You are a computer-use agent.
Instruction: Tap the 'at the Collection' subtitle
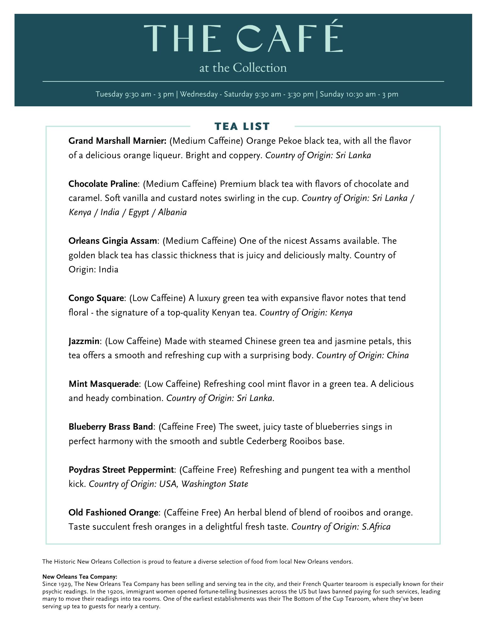coord(243,68)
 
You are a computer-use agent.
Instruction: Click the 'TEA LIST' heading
coord(242,126)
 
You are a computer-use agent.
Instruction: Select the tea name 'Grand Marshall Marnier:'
coord(117,141)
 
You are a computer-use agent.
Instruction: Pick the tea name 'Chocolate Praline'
coord(103,184)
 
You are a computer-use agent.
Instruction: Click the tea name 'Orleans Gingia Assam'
coord(113,241)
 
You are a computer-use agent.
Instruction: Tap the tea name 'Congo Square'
coord(96,298)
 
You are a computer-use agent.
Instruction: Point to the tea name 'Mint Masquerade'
coord(103,384)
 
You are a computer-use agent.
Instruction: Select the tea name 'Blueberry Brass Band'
coord(111,427)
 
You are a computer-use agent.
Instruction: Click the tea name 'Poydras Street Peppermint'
coord(121,470)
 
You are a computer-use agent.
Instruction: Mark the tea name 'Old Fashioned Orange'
coord(113,513)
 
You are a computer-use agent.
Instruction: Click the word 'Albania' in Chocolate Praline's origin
coord(172,212)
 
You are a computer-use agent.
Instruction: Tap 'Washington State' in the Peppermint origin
coord(215,484)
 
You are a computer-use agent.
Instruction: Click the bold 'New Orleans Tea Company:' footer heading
coord(80,577)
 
